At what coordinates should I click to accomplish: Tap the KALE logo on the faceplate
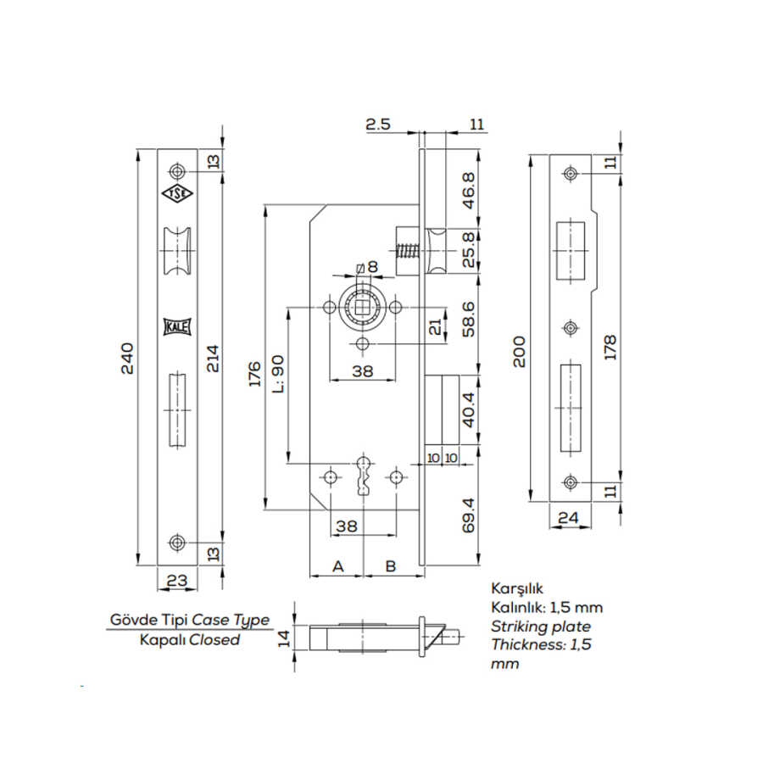tap(177, 326)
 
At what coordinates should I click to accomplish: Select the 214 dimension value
tap(214, 359)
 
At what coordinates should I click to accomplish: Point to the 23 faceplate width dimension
tap(177, 582)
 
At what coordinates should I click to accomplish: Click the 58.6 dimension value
tap(469, 320)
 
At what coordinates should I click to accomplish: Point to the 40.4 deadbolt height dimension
tap(469, 409)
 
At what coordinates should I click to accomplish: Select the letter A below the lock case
tap(337, 565)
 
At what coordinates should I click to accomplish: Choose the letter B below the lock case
tap(392, 565)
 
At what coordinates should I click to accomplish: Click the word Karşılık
tap(516, 588)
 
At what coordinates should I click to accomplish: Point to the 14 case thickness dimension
tap(284, 636)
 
